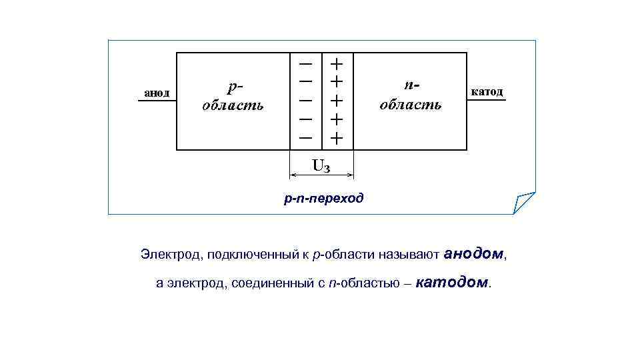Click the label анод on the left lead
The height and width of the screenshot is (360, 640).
pos(157,92)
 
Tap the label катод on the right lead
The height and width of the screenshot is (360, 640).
pos(487,91)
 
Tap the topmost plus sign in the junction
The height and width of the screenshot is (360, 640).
pos(337,64)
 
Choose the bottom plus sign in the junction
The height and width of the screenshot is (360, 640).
pos(337,138)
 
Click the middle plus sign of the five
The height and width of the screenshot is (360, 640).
pos(337,101)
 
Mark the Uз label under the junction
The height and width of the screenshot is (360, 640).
pos(321,165)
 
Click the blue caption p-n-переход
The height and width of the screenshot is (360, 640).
pos(323,198)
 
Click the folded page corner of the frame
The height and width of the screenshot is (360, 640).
pos(524,201)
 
